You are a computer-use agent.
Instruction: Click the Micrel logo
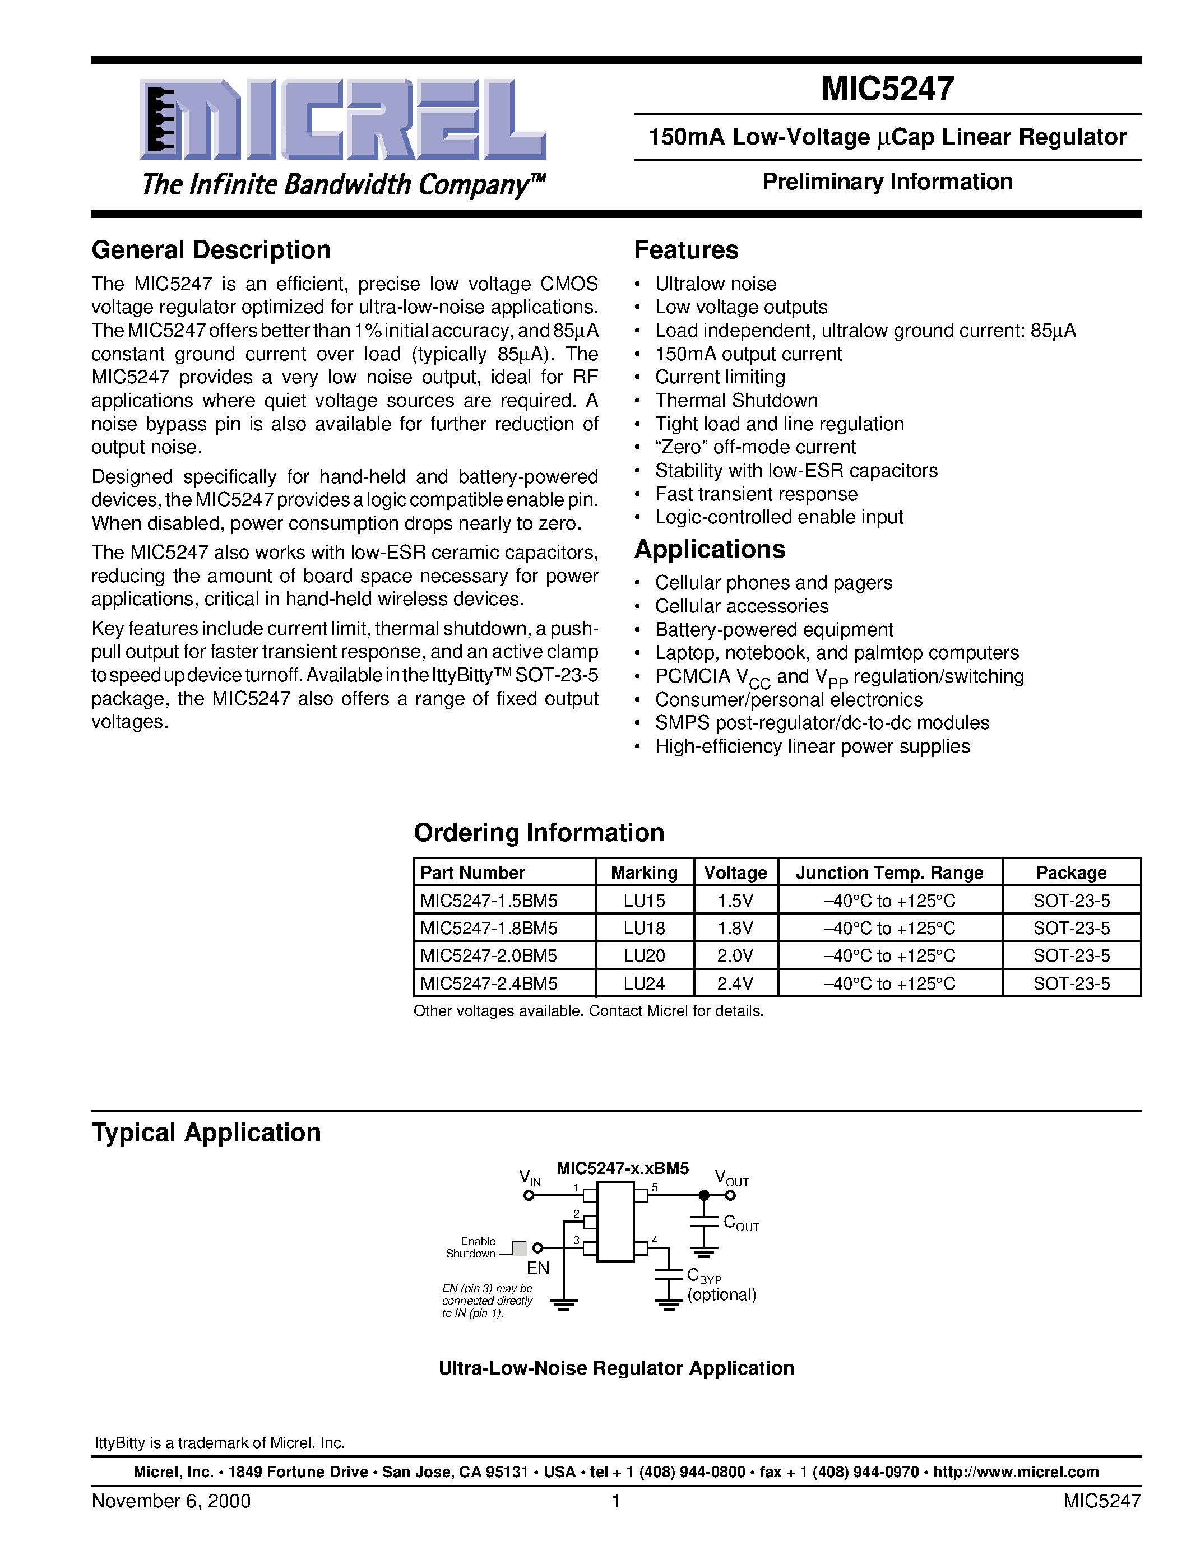pos(344,120)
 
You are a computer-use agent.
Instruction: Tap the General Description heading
pos(211,250)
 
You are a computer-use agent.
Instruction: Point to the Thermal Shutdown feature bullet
pos(736,401)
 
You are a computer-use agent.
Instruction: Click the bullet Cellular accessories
pos(742,606)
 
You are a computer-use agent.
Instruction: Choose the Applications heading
pos(709,550)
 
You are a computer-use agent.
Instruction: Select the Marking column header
pos(643,873)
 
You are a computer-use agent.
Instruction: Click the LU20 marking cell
pos(644,956)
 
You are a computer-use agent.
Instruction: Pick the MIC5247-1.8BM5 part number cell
pos(489,929)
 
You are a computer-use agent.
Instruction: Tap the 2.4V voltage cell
pos(735,983)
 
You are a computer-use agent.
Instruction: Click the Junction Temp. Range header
pos(889,873)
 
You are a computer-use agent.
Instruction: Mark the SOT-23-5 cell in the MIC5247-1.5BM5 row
pos(1071,901)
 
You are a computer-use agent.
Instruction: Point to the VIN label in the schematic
pos(529,1178)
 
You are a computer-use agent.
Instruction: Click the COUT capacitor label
pos(740,1223)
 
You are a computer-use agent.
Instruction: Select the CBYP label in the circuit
pos(703,1276)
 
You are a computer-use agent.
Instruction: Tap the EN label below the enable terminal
pos(537,1268)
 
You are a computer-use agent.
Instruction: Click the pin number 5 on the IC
pos(655,1188)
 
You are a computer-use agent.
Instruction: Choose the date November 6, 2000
pos(171,1501)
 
